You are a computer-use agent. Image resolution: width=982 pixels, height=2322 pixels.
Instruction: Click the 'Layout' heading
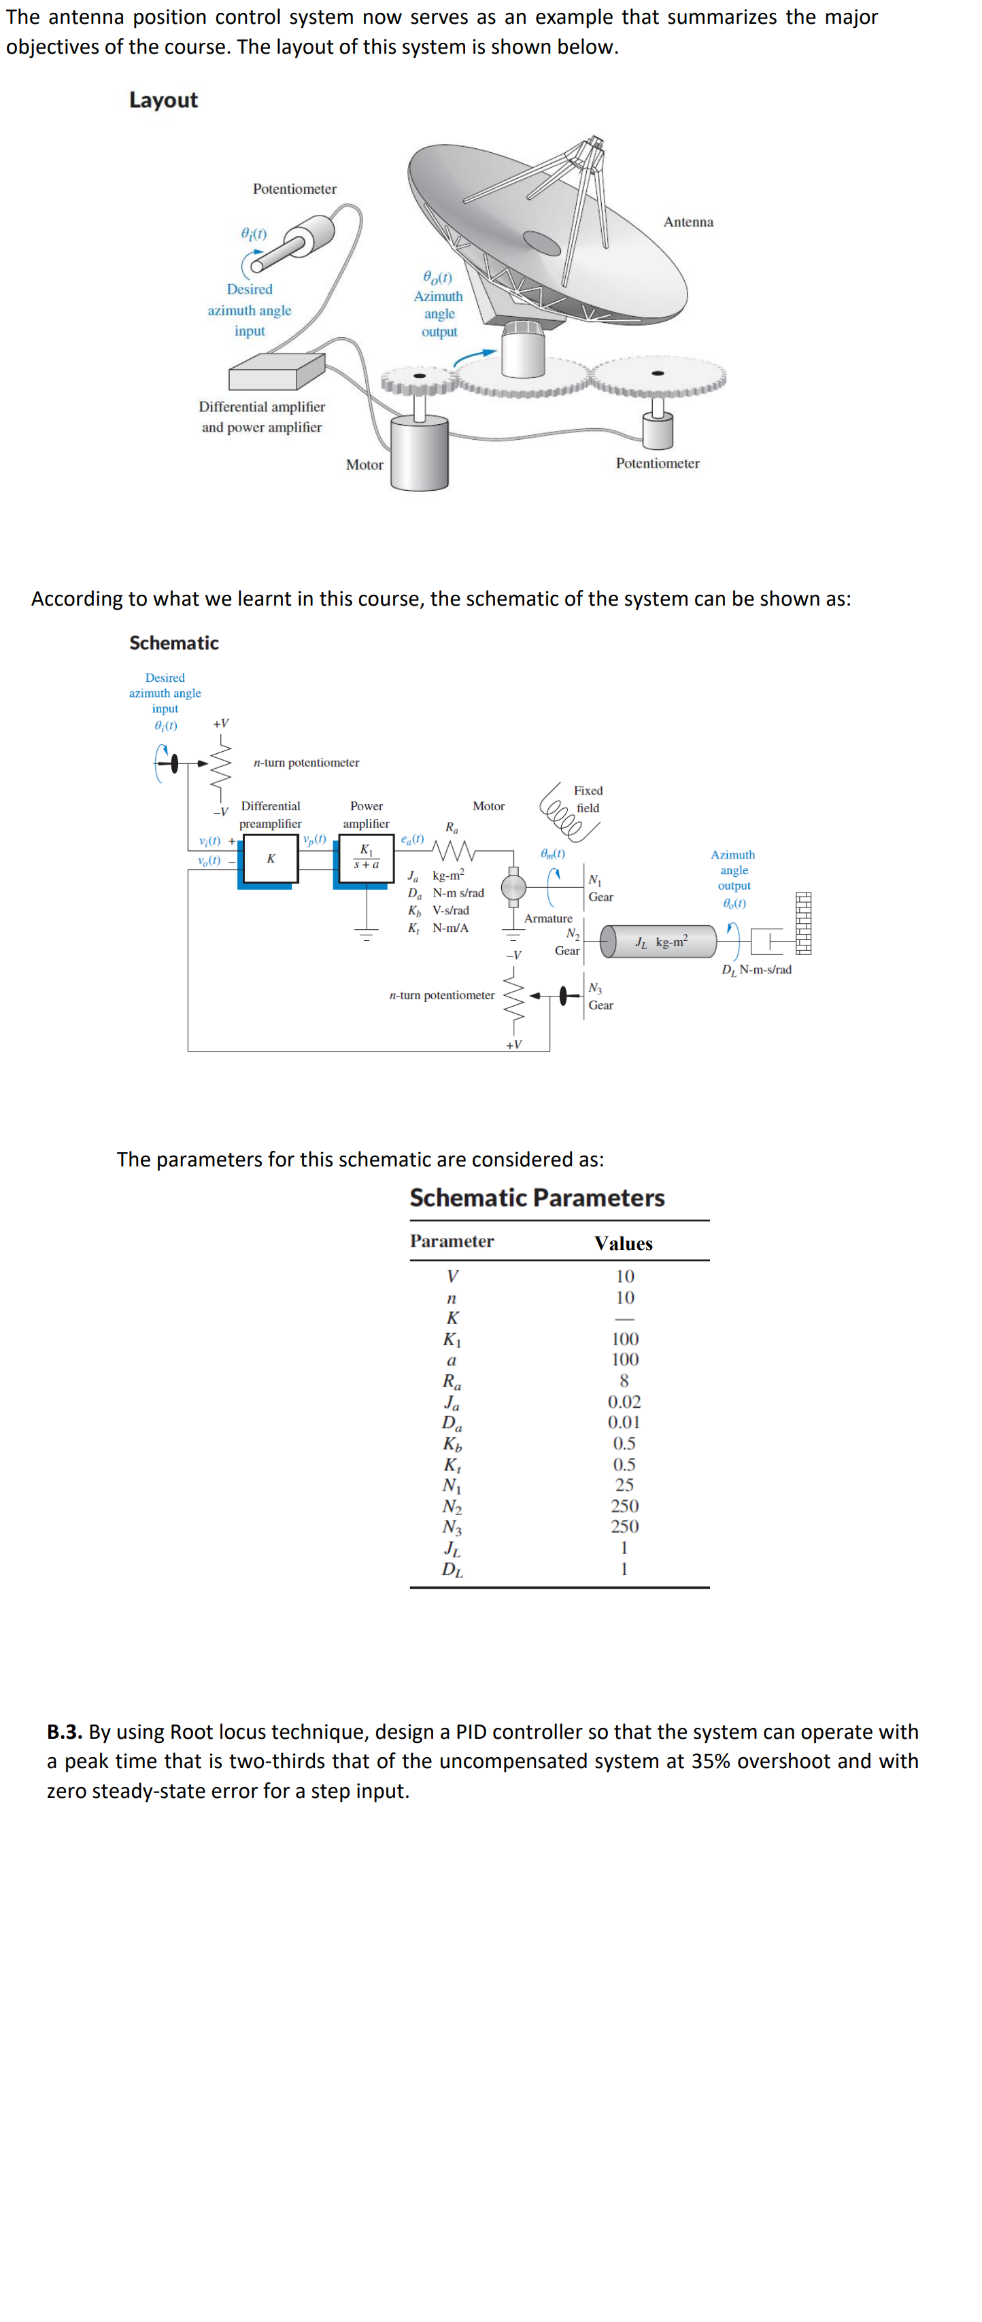[x=163, y=100]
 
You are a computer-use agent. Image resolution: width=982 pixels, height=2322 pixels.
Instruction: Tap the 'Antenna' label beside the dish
[x=688, y=222]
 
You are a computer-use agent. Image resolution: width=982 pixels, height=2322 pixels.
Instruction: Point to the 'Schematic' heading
[x=174, y=643]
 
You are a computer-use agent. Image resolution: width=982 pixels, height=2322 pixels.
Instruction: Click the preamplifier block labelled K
[x=271, y=859]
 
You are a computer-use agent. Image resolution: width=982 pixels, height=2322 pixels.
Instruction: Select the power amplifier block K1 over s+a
[x=366, y=858]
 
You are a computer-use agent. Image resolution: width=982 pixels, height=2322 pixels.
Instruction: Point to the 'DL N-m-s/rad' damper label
[x=757, y=970]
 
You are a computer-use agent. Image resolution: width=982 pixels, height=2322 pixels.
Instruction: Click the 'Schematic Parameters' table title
[x=537, y=1198]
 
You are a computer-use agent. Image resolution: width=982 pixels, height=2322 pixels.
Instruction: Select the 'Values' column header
[x=623, y=1244]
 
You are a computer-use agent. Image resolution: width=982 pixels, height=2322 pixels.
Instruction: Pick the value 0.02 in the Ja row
[x=624, y=1402]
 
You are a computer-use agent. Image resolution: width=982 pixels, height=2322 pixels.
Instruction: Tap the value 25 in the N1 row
[x=624, y=1485]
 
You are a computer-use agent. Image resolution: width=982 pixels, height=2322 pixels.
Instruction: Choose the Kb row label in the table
[x=452, y=1444]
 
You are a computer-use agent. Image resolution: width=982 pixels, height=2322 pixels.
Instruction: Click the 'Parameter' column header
[x=452, y=1241]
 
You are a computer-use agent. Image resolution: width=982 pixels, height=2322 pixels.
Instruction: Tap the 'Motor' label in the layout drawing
[x=365, y=465]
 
